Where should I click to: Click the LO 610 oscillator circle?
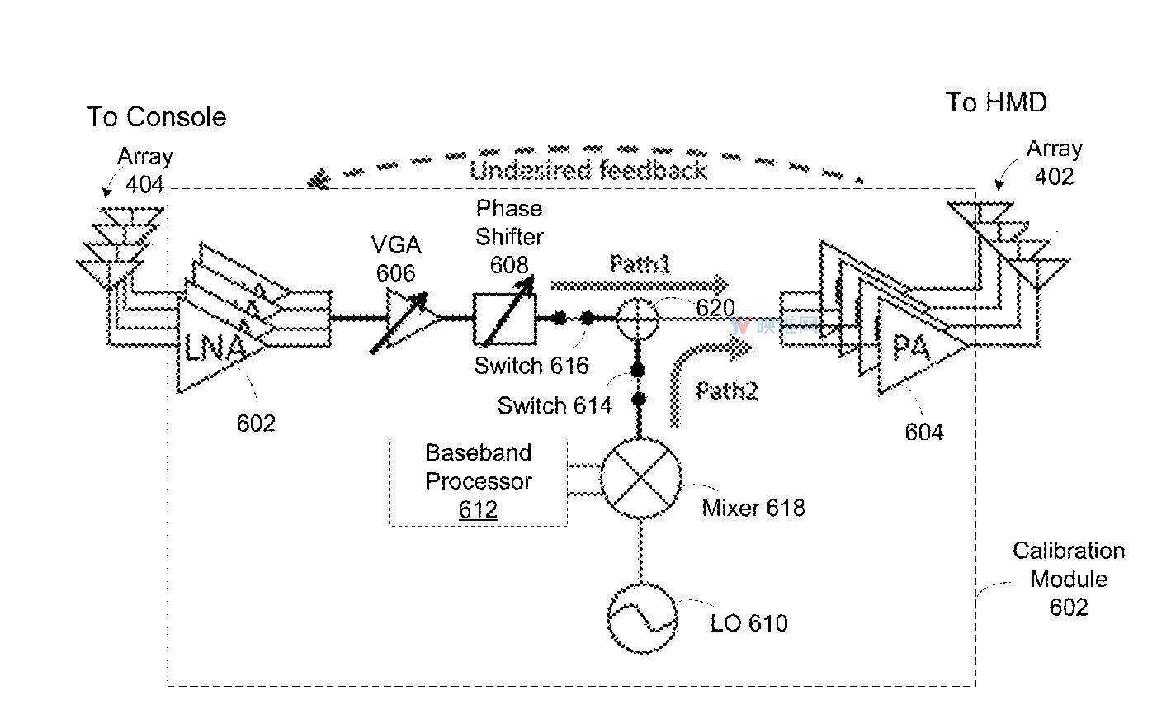coord(642,618)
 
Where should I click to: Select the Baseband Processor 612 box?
coord(478,481)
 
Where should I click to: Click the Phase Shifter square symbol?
coord(504,319)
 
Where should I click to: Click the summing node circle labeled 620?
coord(637,318)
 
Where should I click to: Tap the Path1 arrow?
coord(640,284)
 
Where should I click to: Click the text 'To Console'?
coord(156,117)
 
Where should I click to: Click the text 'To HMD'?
coord(996,102)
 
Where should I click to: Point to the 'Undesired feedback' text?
coord(588,171)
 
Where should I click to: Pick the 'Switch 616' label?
coord(531,366)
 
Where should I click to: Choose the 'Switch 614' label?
coord(555,405)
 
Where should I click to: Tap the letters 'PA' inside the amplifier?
coord(911,347)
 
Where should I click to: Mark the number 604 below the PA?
coord(923,432)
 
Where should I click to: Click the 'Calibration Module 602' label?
coord(1069,579)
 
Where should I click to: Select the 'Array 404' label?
coord(145,170)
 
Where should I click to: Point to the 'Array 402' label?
coord(1054,163)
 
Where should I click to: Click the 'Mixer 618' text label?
coord(753,507)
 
